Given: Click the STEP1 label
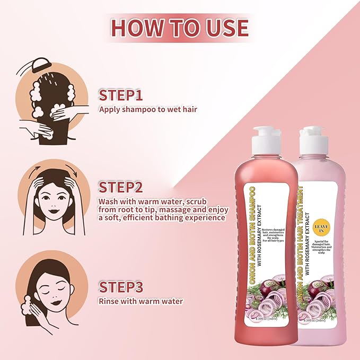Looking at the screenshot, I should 121,95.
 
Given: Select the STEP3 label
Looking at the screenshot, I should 122,287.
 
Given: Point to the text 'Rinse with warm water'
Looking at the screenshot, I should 141,301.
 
